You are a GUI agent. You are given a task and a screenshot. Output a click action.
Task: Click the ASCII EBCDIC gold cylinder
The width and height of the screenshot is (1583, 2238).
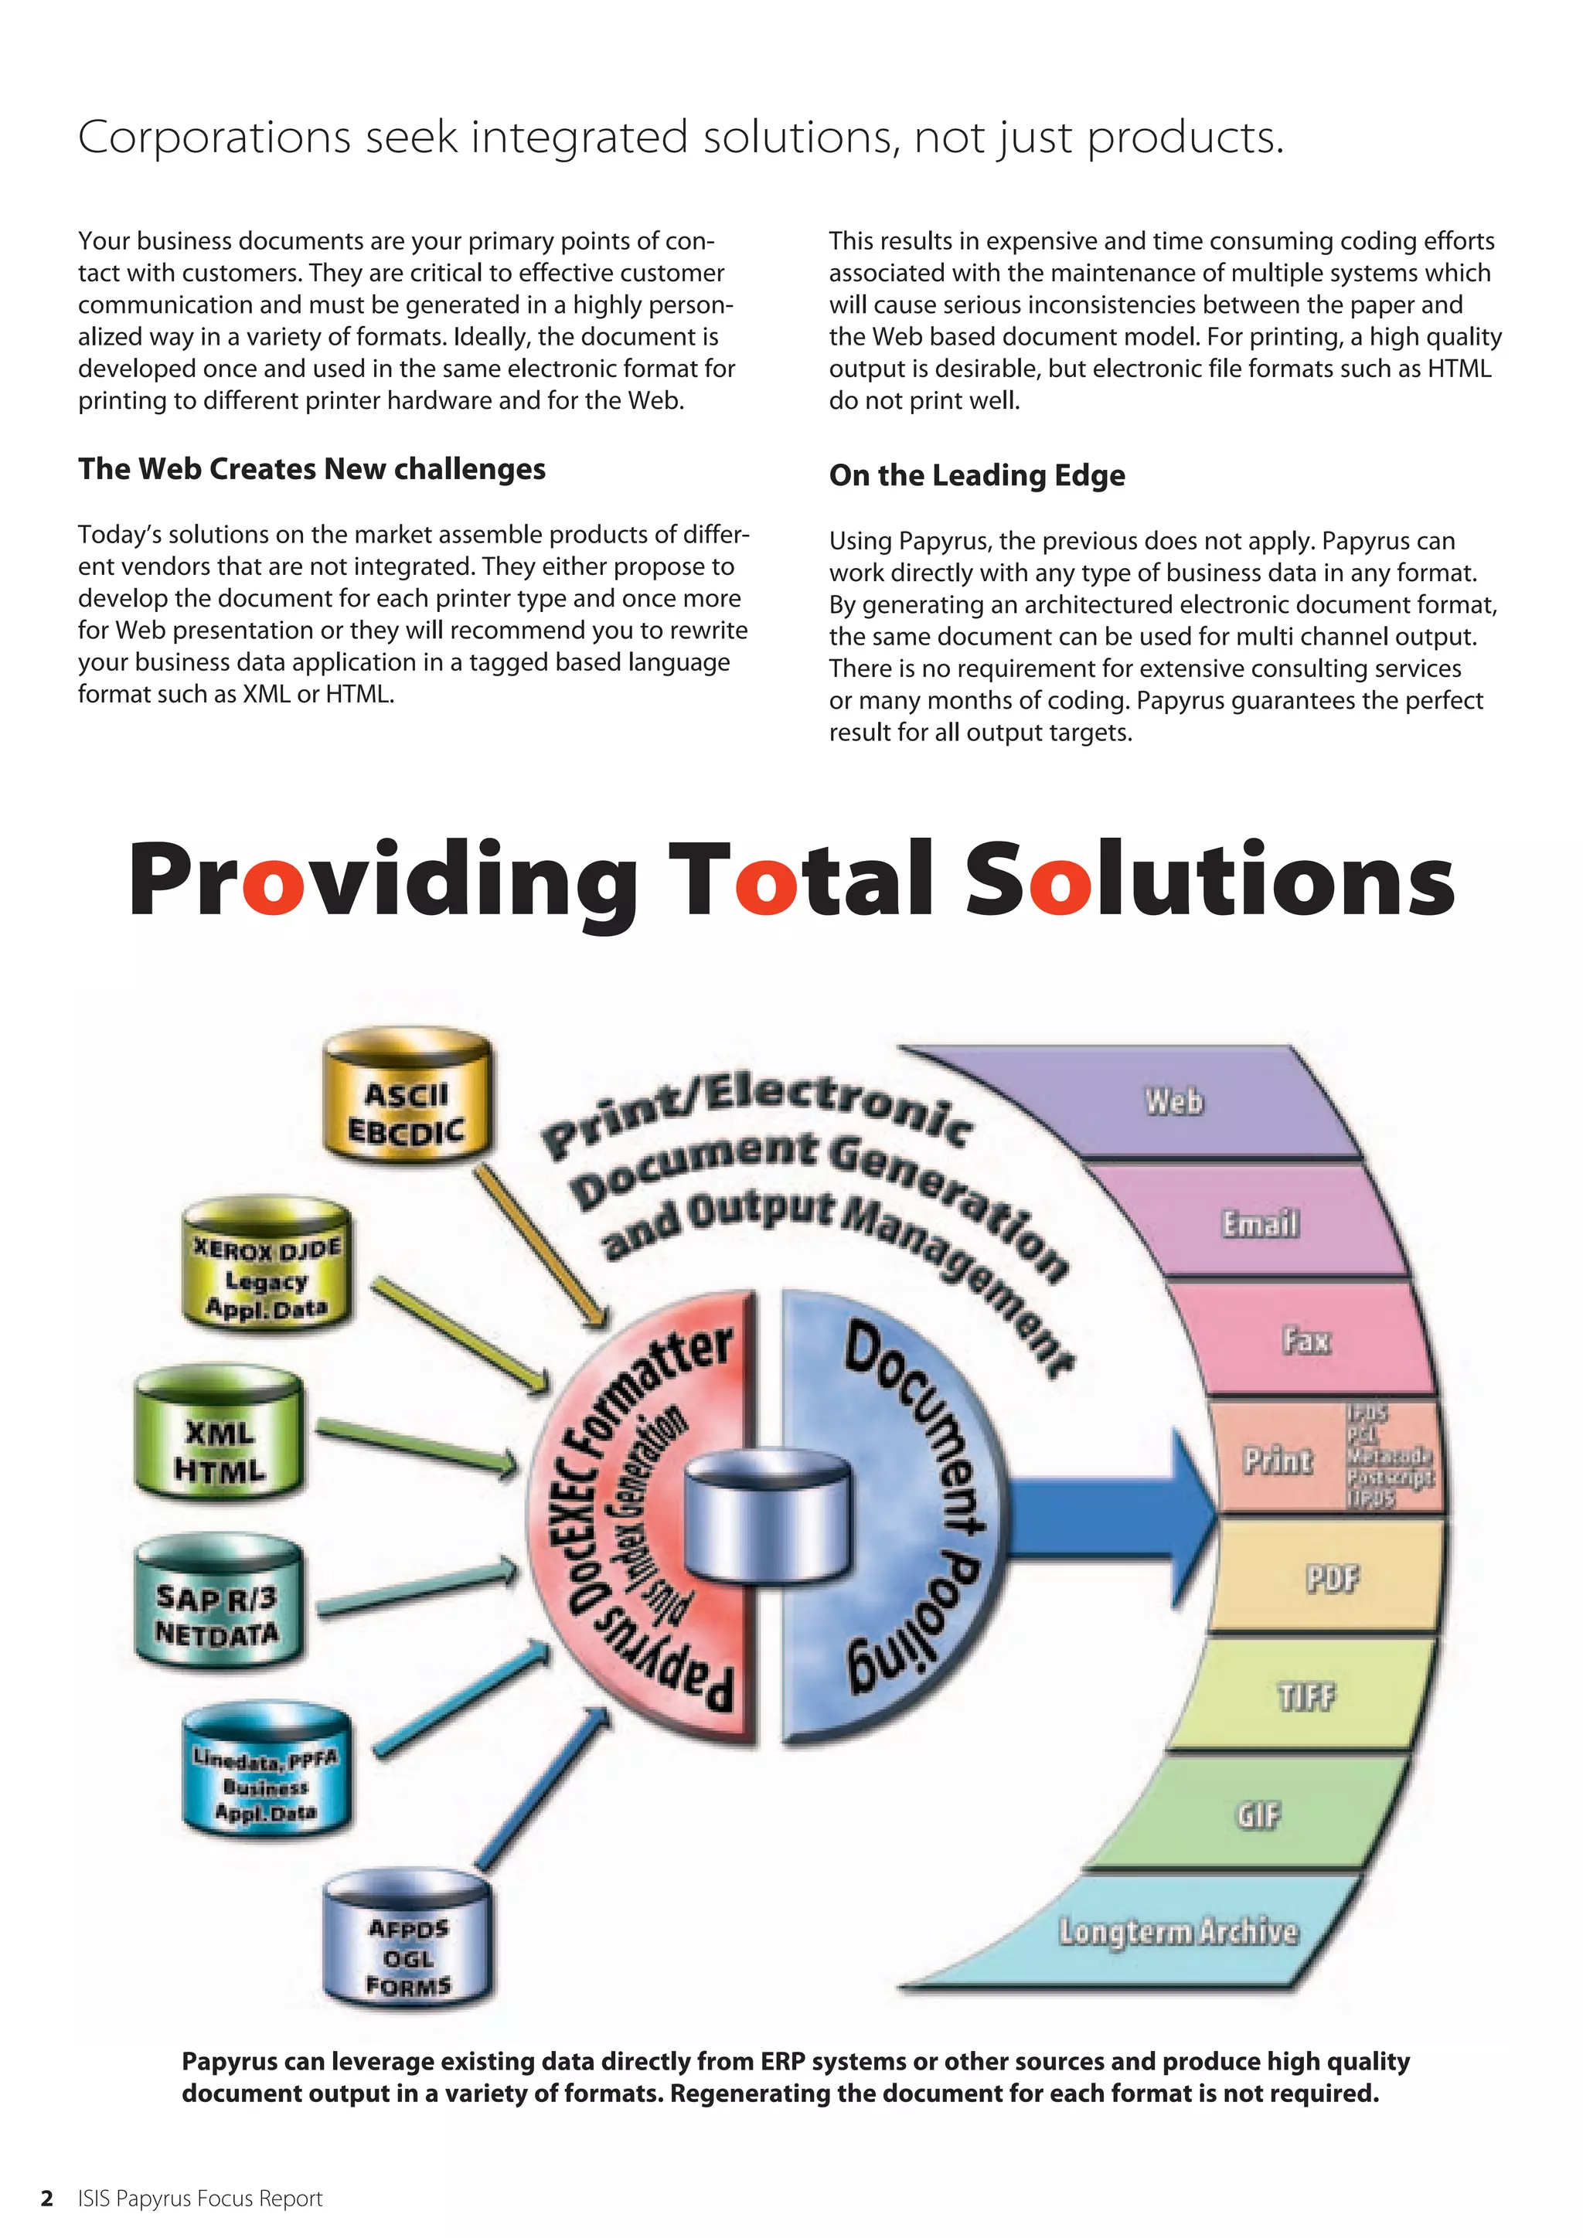pos(407,1104)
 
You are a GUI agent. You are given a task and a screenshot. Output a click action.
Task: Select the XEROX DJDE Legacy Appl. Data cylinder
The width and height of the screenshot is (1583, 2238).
pos(266,1268)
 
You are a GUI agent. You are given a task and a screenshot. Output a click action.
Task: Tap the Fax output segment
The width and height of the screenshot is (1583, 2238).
pos(1306,1340)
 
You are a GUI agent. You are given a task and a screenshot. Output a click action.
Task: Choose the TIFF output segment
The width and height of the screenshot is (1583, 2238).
pos(1306,1696)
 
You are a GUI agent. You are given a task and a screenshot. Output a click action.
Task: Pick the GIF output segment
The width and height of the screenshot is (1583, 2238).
pos(1258,1815)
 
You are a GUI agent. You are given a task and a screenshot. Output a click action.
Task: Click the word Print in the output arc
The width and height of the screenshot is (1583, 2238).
pos(1277,1460)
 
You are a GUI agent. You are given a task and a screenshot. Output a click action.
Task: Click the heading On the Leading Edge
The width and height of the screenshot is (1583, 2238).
pos(977,476)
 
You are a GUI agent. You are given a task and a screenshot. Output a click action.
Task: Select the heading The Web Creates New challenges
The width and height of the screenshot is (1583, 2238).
pos(312,469)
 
